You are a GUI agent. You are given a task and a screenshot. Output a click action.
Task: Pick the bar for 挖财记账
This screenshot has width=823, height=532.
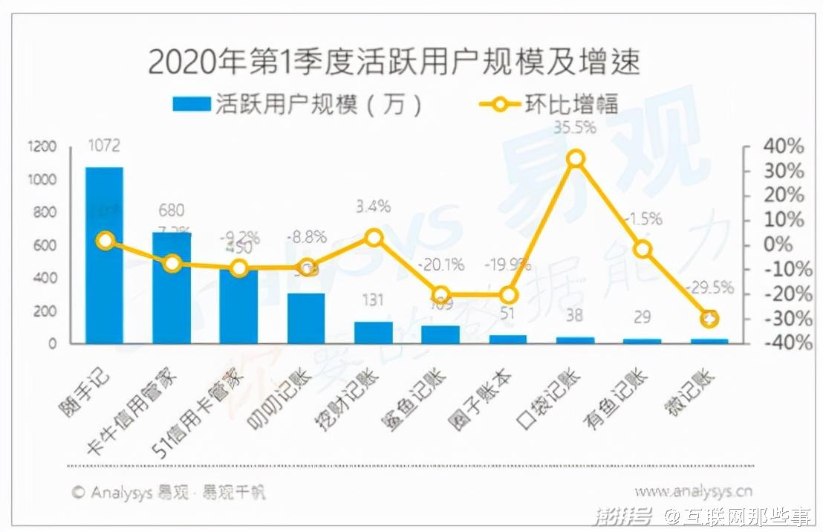pos(374,332)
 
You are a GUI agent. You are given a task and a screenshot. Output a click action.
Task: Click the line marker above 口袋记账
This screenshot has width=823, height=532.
pos(576,158)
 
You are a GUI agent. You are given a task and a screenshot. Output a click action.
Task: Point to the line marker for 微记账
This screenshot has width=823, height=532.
pos(710,319)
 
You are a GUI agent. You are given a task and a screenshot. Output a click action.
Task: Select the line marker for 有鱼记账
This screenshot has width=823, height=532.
pos(643,249)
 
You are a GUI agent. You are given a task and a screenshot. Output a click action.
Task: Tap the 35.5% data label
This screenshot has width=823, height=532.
pos(575,127)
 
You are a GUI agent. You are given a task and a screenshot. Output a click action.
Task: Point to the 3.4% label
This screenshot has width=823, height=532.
pos(373,206)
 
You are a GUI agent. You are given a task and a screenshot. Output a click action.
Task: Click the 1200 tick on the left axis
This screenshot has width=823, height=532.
pos(44,147)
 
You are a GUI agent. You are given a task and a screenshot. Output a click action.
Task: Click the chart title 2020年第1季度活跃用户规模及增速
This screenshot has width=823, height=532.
pos(394,62)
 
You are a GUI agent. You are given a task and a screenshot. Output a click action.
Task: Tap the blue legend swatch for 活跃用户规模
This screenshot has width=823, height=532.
pos(191,104)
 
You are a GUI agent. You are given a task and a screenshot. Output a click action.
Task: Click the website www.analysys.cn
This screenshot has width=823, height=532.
pos(693,491)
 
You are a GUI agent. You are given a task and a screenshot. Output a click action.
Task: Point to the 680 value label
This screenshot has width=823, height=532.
pos(171,211)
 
